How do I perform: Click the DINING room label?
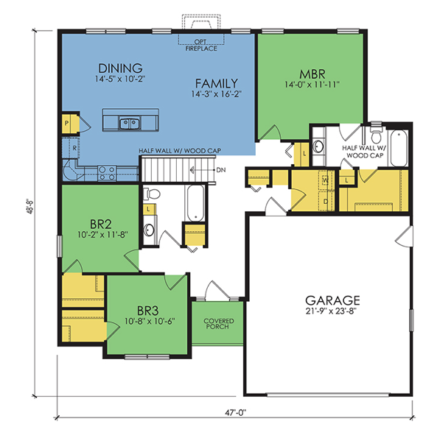(x=120, y=68)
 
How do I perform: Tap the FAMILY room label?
(x=217, y=83)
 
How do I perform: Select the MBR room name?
(x=312, y=74)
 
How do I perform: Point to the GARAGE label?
(x=332, y=300)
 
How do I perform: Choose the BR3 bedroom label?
(x=148, y=311)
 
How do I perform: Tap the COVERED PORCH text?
(x=219, y=324)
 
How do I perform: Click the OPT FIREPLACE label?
(x=201, y=45)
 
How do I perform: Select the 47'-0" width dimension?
(x=235, y=413)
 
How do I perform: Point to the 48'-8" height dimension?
(x=30, y=207)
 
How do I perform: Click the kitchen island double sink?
(x=130, y=124)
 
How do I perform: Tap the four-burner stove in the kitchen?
(x=107, y=173)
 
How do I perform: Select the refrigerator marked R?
(x=71, y=148)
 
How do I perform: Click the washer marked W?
(x=326, y=180)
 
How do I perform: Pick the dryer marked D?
(x=326, y=201)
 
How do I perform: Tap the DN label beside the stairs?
(x=221, y=170)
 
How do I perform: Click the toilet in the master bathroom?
(x=376, y=134)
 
